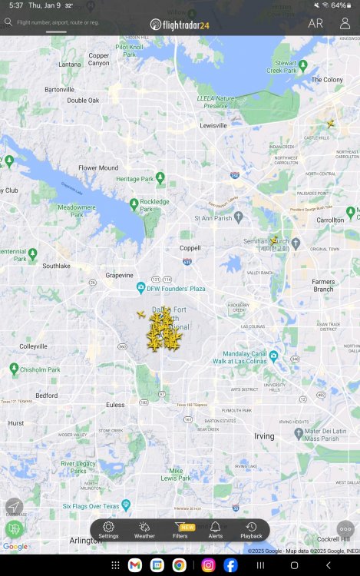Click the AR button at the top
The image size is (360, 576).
(x=315, y=23)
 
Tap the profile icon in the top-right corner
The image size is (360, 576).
(x=345, y=23)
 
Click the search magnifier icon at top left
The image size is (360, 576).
(x=8, y=23)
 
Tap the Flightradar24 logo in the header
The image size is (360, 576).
(x=180, y=24)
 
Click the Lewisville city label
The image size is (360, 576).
(x=213, y=125)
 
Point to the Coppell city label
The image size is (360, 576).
(x=190, y=247)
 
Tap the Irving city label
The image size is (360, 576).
(x=264, y=435)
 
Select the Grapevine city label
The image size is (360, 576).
(x=119, y=275)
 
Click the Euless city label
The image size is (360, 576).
(x=115, y=404)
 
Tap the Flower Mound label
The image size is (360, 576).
(x=98, y=167)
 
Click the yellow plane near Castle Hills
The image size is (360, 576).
(x=331, y=124)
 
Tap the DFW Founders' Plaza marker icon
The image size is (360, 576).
(x=140, y=288)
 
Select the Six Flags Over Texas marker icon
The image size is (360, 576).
(x=126, y=505)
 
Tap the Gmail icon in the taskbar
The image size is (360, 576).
(x=136, y=565)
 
